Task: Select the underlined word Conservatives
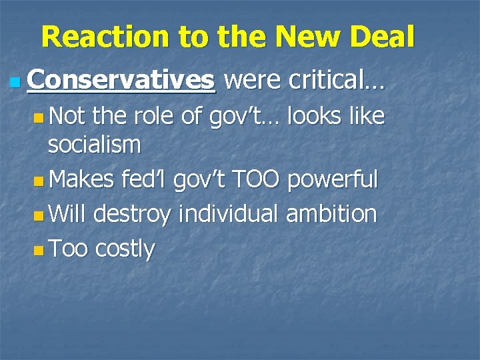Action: [122, 81]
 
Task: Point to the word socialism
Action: [94, 144]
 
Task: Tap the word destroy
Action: [136, 215]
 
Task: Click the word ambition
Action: [331, 215]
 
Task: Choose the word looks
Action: [312, 117]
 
